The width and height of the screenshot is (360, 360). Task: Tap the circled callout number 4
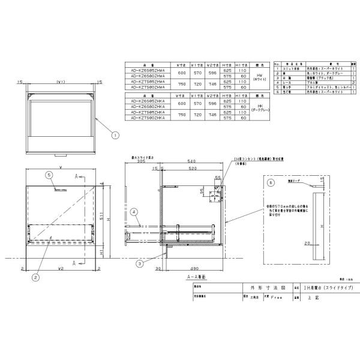(135, 211)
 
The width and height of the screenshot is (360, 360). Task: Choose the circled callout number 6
(271, 181)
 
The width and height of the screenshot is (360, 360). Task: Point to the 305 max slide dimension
(142, 161)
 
